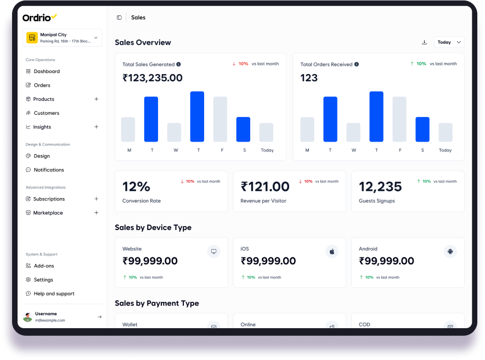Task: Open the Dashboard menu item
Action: coord(46,71)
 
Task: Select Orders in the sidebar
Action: coord(42,85)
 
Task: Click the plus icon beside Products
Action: coord(97,99)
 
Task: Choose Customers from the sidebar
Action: coord(46,113)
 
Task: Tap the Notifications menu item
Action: coord(48,170)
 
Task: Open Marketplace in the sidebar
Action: coord(48,213)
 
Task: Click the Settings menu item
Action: coord(43,280)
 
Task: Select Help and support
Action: coord(54,294)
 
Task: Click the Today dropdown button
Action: coord(449,42)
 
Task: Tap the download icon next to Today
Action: coord(424,42)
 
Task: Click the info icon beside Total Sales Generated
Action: coord(179,64)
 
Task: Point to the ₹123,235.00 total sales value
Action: coord(153,78)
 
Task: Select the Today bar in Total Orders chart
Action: coord(445,132)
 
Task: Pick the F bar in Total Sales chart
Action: coord(220,119)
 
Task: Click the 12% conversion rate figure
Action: coord(136,187)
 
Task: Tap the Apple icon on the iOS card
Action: coord(332,251)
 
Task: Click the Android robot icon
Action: coord(450,251)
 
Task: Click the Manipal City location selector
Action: coord(63,37)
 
